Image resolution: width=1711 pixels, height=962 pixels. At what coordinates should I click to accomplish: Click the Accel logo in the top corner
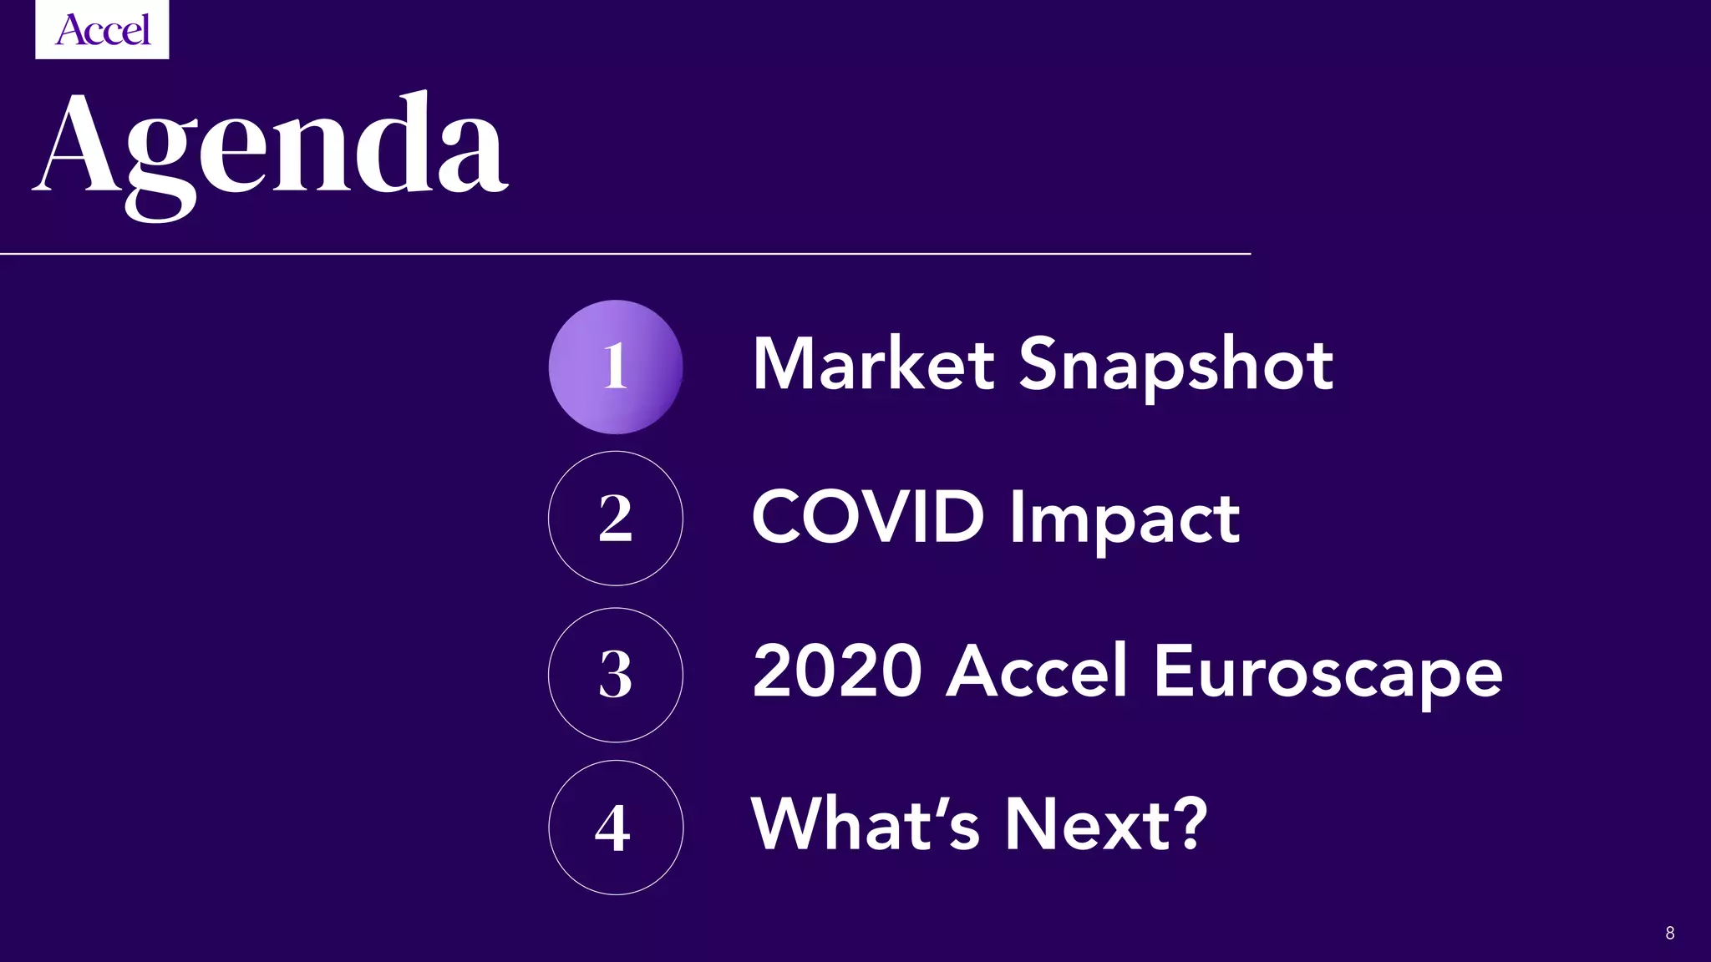(x=102, y=30)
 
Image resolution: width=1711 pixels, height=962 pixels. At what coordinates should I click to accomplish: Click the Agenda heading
(x=271, y=150)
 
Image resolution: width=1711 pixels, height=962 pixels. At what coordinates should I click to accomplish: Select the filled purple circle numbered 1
(x=616, y=367)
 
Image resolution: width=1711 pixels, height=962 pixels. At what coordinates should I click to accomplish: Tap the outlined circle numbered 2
(x=616, y=518)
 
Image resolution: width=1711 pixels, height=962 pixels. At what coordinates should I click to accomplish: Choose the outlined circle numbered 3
(x=616, y=675)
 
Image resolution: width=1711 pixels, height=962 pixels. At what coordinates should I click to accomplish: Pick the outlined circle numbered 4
(x=616, y=828)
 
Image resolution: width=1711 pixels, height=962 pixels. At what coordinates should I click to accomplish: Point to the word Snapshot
(x=1176, y=366)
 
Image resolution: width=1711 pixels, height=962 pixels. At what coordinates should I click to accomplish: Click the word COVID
(x=868, y=517)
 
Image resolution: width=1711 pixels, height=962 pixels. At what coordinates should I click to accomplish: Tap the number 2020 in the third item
(x=837, y=671)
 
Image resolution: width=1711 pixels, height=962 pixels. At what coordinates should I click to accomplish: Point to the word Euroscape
(x=1328, y=673)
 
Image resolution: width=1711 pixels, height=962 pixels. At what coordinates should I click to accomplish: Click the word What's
(x=865, y=824)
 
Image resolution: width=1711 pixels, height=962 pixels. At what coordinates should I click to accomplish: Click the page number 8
(x=1670, y=933)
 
